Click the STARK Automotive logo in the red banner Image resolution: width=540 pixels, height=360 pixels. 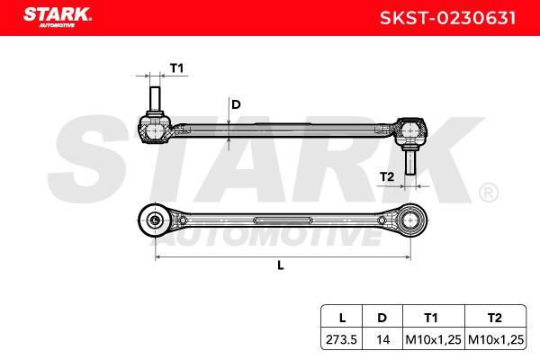[x=58, y=17]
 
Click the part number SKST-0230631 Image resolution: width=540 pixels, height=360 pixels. [x=447, y=18]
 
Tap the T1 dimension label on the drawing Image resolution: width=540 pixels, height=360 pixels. [x=177, y=68]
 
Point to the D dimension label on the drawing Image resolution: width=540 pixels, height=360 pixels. [x=236, y=104]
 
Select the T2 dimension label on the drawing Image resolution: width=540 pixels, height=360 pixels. [x=387, y=176]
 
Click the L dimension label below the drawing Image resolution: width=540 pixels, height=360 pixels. [x=281, y=265]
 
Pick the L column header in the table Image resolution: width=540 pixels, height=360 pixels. [x=342, y=318]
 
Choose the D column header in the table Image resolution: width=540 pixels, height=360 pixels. [x=382, y=318]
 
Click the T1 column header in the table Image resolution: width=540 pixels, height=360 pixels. [x=431, y=318]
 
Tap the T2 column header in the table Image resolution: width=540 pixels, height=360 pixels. [x=494, y=318]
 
